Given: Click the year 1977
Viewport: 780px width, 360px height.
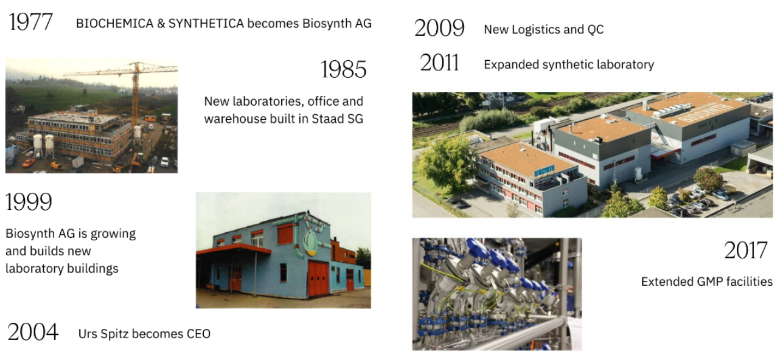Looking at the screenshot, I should tap(31, 22).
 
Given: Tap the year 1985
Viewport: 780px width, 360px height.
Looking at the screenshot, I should tap(344, 70).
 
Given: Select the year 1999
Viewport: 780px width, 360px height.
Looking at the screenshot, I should tap(29, 202).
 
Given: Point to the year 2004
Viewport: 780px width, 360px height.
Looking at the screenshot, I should tap(33, 332).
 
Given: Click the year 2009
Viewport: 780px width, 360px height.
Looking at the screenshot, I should tap(439, 28).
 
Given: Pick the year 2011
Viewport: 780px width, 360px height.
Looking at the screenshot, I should tap(439, 63).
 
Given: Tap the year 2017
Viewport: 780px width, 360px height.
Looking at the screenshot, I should tap(747, 250).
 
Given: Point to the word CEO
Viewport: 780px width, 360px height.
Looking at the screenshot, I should tap(198, 334).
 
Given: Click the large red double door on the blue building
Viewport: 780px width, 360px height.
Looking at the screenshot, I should tap(318, 278).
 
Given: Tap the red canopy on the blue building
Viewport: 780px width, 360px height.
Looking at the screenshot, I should tap(232, 249).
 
